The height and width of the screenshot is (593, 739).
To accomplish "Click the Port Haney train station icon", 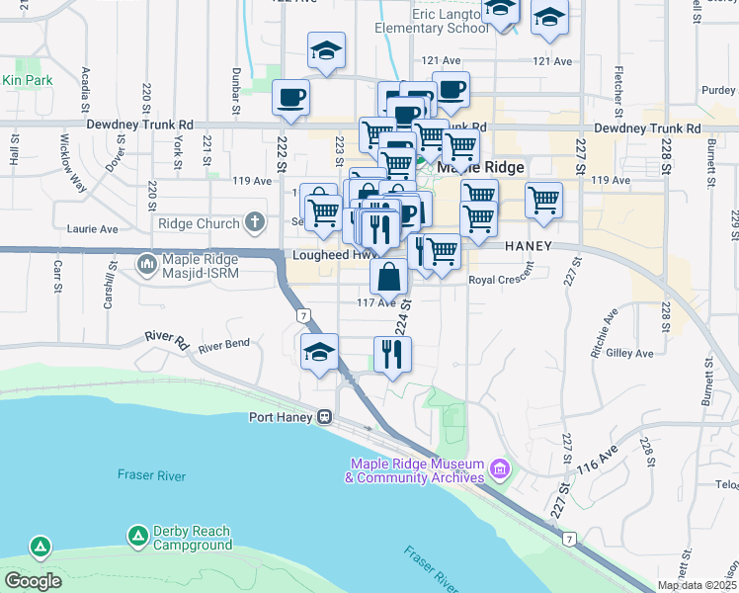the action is click(323, 417).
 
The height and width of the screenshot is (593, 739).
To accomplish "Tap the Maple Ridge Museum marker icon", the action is click(500, 466).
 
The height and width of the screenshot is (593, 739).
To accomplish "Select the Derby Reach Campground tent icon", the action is click(138, 536).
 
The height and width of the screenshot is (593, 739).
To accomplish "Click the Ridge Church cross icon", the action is click(254, 223).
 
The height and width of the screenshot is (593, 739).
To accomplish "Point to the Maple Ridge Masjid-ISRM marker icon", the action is click(147, 263).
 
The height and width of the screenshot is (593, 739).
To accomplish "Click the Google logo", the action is click(33, 581).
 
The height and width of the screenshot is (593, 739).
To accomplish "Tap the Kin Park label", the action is click(26, 80).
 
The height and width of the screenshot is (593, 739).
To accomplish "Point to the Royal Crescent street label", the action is click(499, 280).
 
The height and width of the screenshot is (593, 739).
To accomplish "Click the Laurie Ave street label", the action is click(95, 229).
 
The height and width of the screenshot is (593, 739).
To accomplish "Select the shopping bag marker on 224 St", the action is click(389, 278).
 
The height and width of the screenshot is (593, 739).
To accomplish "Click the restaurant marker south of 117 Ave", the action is click(392, 354).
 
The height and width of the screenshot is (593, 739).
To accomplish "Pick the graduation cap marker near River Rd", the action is click(319, 352).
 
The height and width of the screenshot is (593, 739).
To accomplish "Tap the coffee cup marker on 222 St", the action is click(290, 98).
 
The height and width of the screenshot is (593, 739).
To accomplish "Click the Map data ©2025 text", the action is click(698, 585).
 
